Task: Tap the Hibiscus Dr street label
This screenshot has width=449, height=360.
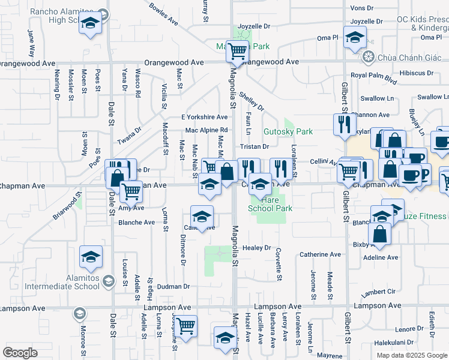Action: [x=417, y=73]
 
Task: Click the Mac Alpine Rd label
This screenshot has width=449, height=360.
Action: [x=206, y=130]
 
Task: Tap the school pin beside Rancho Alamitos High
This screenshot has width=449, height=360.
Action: [x=91, y=23]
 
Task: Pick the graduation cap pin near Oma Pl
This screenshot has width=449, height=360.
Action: [x=355, y=36]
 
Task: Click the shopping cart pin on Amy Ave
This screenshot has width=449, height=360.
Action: [x=131, y=191]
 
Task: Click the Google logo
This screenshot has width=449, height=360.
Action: [x=20, y=353]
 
